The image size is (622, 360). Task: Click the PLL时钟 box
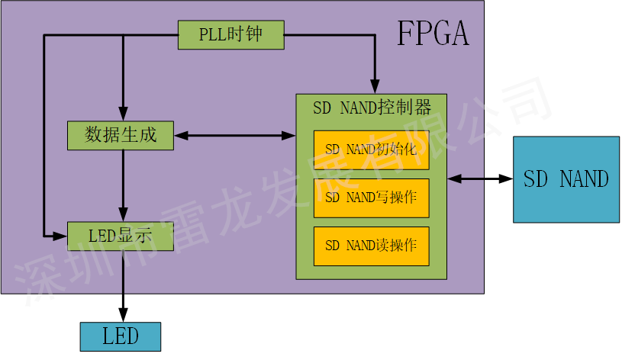[x=230, y=35]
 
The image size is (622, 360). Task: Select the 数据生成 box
[x=121, y=136]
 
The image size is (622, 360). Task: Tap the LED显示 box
[x=121, y=236]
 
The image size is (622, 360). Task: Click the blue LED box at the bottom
[x=121, y=336]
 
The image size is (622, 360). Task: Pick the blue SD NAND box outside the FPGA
[x=566, y=179]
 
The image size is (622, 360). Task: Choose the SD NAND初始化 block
[x=371, y=149]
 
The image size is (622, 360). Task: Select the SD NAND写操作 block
[x=371, y=198]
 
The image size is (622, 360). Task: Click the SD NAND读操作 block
[x=371, y=246]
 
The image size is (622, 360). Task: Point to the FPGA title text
[x=433, y=34]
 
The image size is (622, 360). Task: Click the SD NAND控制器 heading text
[x=372, y=108]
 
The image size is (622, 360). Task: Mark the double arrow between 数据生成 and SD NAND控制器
[x=234, y=136]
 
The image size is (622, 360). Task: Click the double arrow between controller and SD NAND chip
[x=480, y=178]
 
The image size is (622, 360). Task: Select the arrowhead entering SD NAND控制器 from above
[x=374, y=86]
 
